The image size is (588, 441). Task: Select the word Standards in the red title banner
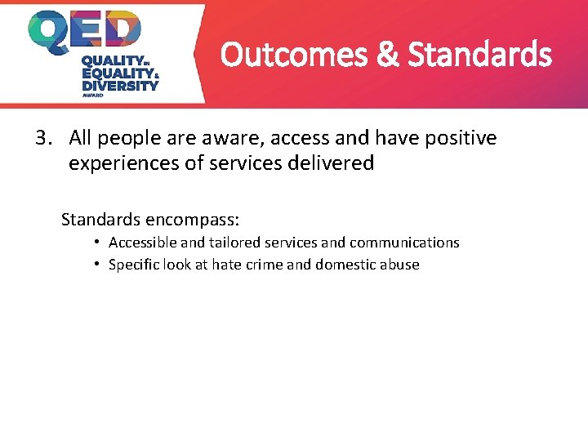click(x=479, y=56)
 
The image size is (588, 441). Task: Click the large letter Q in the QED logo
click(x=51, y=33)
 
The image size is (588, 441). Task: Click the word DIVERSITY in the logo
click(x=120, y=84)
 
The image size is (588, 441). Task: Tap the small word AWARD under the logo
click(x=94, y=95)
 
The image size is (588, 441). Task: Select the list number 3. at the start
click(x=45, y=138)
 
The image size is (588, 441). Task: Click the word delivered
click(x=336, y=163)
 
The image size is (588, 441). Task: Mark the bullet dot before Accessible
click(x=96, y=243)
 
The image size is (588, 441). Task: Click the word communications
click(x=404, y=243)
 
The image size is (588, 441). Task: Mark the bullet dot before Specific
click(x=96, y=265)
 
